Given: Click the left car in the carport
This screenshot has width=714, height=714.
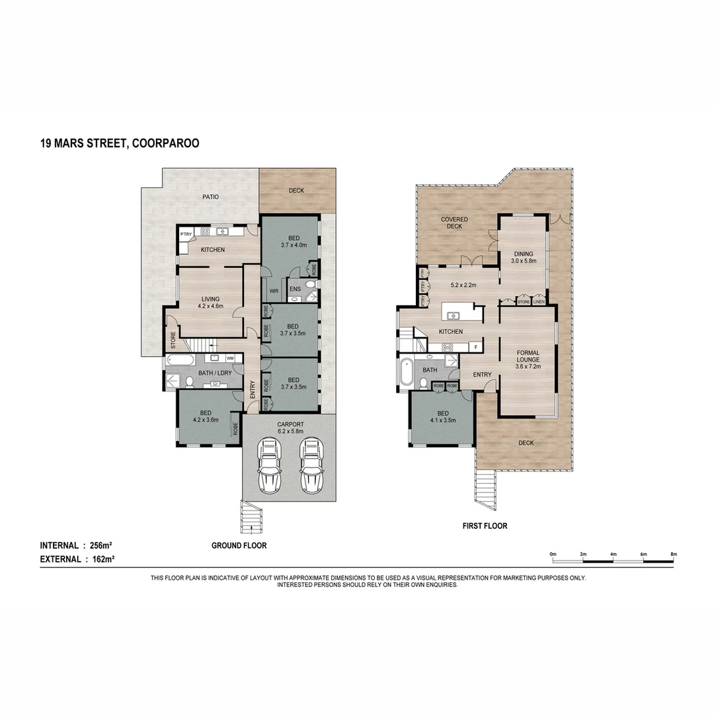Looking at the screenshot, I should [270, 465].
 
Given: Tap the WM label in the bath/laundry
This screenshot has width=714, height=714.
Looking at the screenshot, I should [230, 358].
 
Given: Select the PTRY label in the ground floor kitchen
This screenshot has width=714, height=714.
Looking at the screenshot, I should [186, 233].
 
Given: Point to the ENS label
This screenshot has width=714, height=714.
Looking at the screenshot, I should [295, 289].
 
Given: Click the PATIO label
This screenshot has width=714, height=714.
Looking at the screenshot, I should [210, 197].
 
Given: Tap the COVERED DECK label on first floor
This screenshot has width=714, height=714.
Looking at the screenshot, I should [454, 223].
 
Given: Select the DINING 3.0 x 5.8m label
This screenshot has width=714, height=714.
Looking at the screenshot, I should [522, 257].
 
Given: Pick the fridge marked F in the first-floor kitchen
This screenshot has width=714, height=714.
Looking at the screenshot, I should [475, 346].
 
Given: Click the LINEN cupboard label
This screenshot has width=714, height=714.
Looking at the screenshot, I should [539, 302].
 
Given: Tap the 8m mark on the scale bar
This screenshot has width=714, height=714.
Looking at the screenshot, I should [673, 554].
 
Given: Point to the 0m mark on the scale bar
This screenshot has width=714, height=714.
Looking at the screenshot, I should [553, 554].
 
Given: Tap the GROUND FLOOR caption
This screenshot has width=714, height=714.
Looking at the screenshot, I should [239, 545].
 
